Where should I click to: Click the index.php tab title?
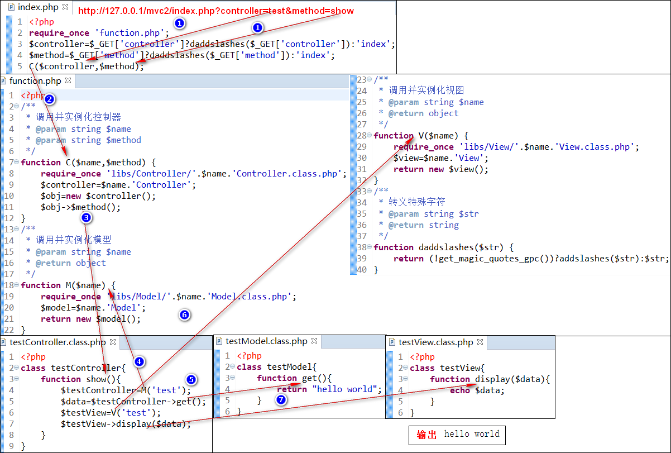(38, 7)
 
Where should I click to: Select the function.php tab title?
(35, 81)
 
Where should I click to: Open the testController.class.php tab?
(57, 342)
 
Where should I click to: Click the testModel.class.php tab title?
(266, 341)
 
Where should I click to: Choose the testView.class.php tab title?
(435, 342)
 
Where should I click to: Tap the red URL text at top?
(215, 11)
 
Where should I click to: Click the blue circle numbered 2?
(50, 99)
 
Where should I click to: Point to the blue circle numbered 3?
(87, 218)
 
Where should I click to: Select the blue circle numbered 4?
(139, 361)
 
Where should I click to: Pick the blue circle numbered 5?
(191, 380)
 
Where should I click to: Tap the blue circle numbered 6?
(185, 315)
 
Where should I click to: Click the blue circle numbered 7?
(281, 399)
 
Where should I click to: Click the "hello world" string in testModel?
(345, 389)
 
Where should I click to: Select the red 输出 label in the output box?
(426, 435)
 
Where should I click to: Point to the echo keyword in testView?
(460, 390)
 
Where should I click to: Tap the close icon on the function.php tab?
(68, 80)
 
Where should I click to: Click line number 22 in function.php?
(9, 330)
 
